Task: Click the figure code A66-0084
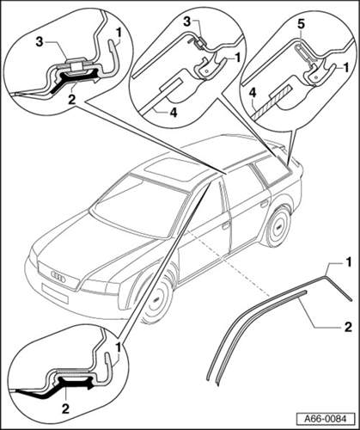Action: coord(325,418)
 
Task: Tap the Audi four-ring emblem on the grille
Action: coord(59,276)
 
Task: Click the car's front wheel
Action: coord(157,299)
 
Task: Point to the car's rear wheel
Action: coord(278,226)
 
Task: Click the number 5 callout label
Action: coord(300,24)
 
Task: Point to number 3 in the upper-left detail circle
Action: coord(39,42)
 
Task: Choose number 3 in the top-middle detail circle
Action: coord(187,21)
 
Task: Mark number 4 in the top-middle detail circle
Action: coord(173,112)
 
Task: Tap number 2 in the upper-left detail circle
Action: coord(71,99)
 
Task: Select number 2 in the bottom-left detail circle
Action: coord(65,408)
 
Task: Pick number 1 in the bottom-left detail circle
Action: coord(118,347)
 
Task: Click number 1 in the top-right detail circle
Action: coord(346,68)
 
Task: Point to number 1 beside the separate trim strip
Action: coord(348,262)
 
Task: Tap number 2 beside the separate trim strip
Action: coord(348,327)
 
